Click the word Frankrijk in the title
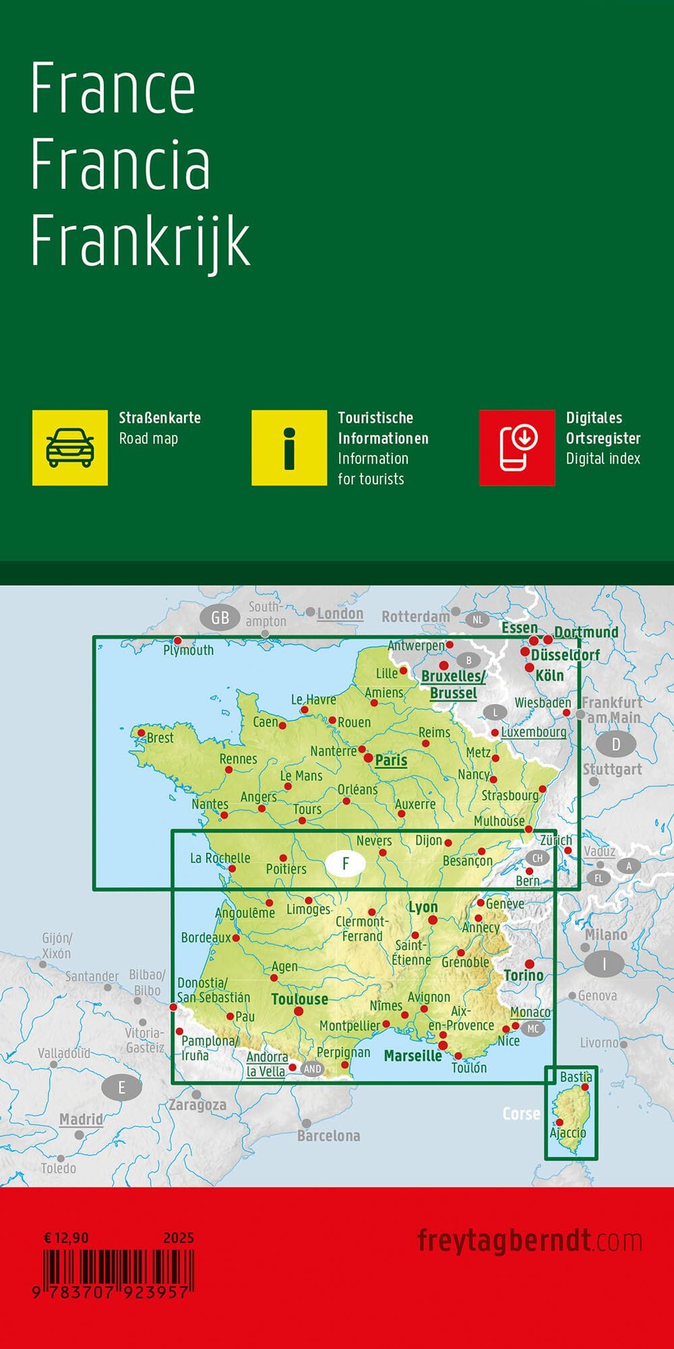click(140, 241)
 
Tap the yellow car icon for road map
click(70, 448)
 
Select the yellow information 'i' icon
click(289, 448)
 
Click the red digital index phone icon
click(517, 448)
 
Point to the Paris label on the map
click(391, 760)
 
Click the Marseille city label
click(412, 1055)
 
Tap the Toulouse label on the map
click(299, 998)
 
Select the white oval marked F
click(346, 864)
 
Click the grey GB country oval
click(220, 618)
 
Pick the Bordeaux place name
click(206, 938)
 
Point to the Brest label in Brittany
click(160, 738)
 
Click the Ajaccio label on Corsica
click(568, 1133)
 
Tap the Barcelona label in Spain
click(329, 1136)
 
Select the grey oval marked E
click(122, 1087)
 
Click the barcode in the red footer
click(119, 1270)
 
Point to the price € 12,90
click(67, 1238)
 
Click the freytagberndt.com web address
click(529, 1240)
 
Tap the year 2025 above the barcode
click(179, 1238)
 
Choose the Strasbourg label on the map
click(510, 796)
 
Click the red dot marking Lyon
click(433, 920)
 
